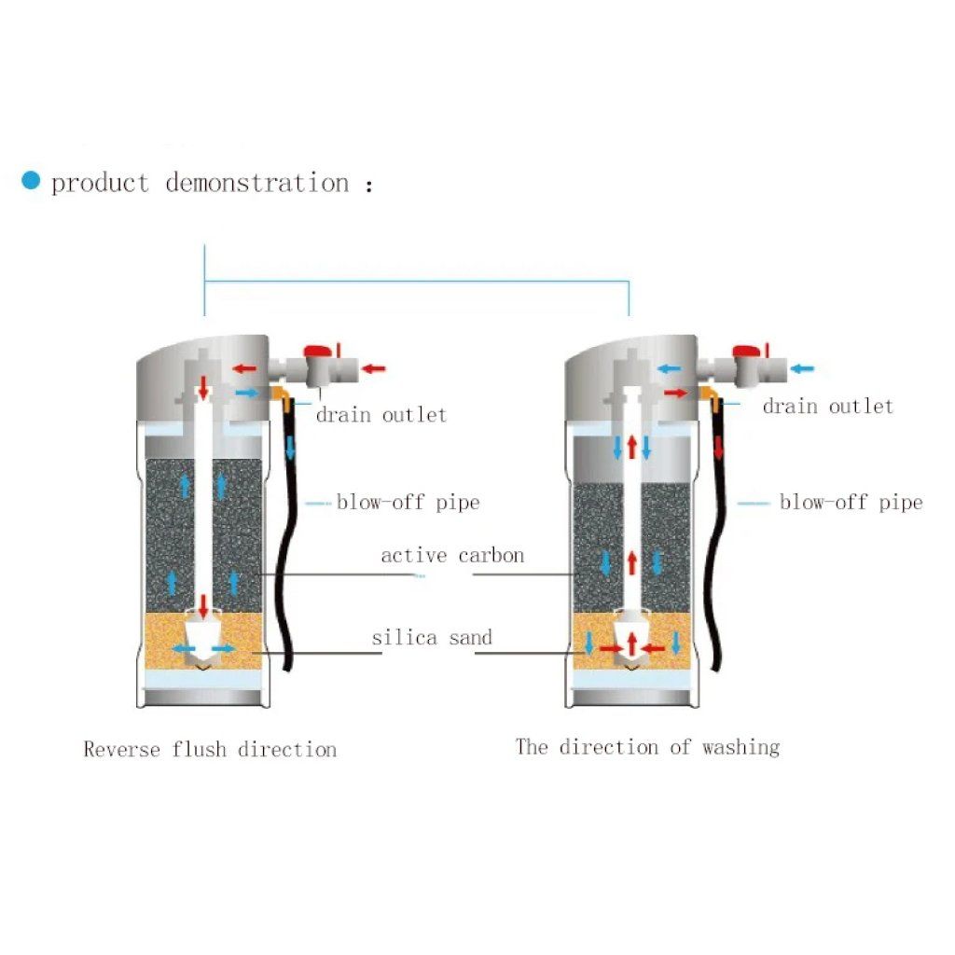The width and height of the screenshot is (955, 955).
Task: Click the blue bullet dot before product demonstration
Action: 31,180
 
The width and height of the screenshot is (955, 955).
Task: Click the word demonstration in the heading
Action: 257,183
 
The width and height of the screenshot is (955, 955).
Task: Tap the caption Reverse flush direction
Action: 210,749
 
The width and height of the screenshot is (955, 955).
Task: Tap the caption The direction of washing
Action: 647,747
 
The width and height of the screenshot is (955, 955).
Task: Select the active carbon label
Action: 452,555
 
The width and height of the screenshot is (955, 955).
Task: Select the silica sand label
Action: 432,637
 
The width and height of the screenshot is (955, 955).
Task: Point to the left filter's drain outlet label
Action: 381,415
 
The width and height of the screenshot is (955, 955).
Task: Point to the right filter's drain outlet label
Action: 828,406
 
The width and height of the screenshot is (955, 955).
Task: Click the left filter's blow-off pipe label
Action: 408,502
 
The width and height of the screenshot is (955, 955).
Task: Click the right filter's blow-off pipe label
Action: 851,502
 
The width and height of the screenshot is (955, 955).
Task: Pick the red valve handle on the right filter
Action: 744,351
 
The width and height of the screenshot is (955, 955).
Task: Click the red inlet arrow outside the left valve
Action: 373,367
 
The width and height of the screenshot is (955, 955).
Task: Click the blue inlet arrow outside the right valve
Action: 801,367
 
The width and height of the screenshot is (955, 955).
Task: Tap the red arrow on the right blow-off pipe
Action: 719,448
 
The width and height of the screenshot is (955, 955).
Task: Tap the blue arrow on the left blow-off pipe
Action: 290,448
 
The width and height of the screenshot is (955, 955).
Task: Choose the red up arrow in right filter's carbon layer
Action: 632,562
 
